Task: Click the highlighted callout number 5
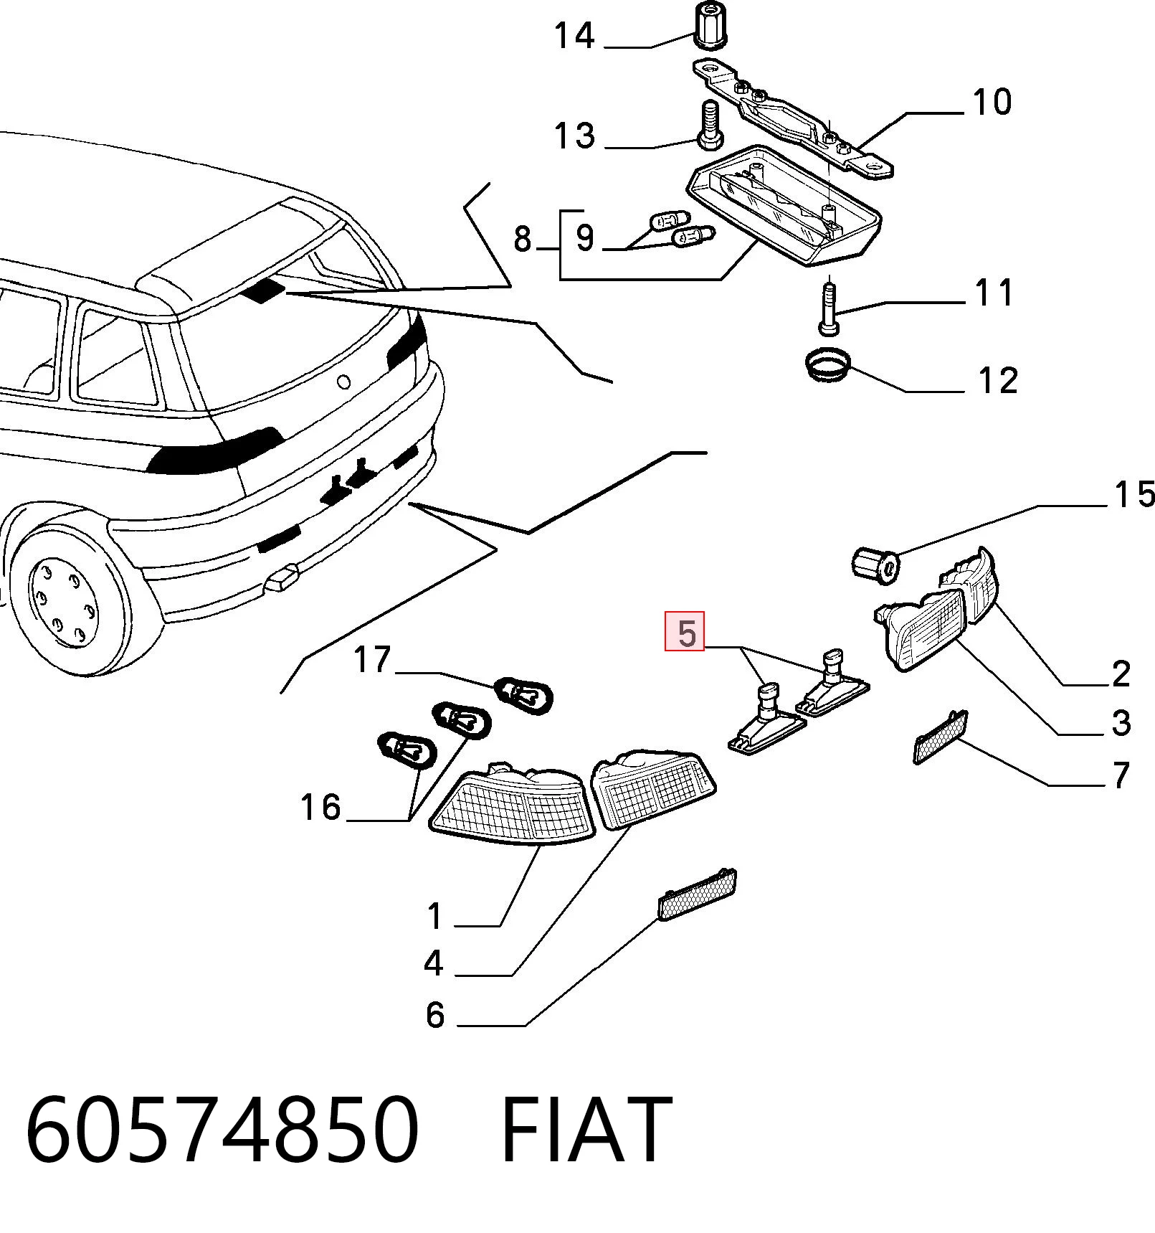pos(686,632)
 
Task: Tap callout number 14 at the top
pos(574,35)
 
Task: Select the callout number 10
pos(992,102)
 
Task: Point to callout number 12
pos(998,380)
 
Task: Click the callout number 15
pos(1134,494)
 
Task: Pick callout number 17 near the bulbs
pos(372,659)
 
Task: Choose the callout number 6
pos(435,1015)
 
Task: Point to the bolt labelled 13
pos(709,126)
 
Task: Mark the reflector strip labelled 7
pos(940,737)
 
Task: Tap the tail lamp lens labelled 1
pos(512,804)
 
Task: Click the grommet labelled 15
pos(877,563)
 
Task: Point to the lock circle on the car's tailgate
pos(344,382)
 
